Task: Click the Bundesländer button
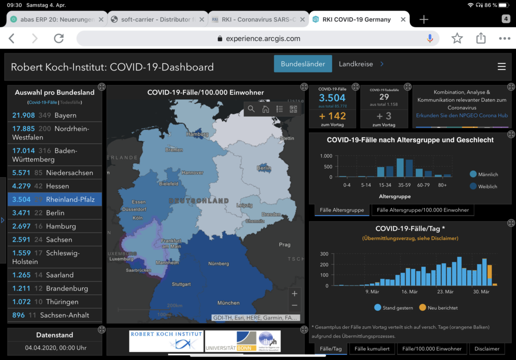[x=303, y=64]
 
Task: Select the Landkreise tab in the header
[x=356, y=64]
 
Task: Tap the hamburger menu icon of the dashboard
[x=501, y=66]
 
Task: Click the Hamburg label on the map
[x=197, y=134]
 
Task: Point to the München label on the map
[x=228, y=303]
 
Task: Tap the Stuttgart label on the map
[x=181, y=284]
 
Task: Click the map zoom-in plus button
[x=295, y=294]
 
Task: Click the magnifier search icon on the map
[x=251, y=109]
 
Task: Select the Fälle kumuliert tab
[x=372, y=348]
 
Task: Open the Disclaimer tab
[x=487, y=348]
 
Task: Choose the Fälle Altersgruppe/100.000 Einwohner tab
[x=422, y=210]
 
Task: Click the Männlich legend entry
[x=483, y=174]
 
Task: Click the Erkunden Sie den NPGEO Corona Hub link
[x=462, y=115]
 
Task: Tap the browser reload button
[x=59, y=38]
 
